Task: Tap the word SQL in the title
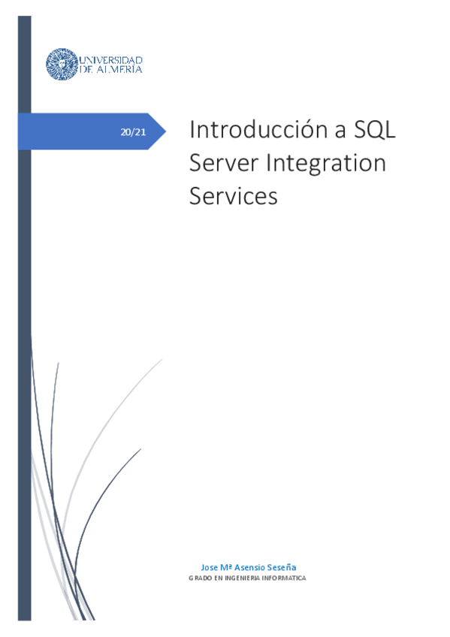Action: [375, 130]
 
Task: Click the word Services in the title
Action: [234, 196]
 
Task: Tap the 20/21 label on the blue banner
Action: [133, 132]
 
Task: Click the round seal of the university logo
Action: [60, 65]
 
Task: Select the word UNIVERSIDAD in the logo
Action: [110, 59]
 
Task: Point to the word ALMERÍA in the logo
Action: [119, 69]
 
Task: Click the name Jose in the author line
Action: [210, 567]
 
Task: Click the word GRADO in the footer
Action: [199, 578]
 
